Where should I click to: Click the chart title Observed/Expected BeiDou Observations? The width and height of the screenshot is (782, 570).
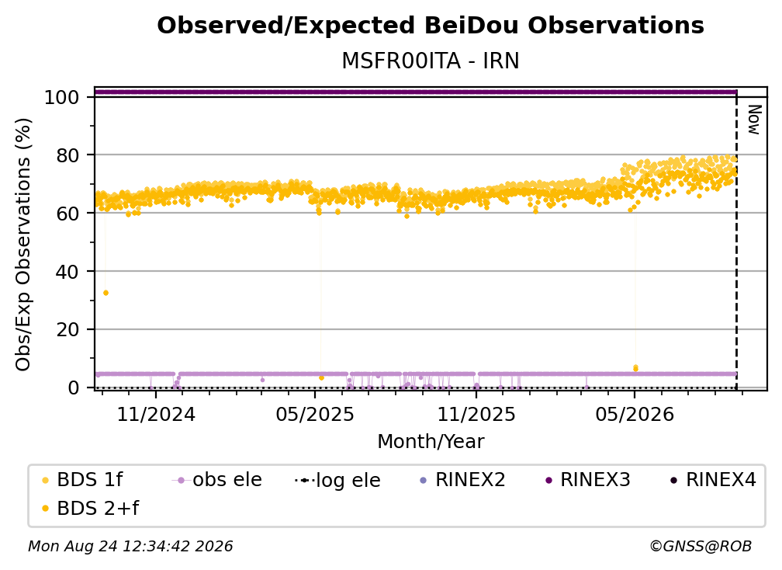[x=431, y=26]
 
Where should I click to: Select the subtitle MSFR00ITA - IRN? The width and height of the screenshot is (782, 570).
[x=431, y=61]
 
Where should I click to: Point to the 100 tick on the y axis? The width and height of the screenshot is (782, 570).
[x=62, y=97]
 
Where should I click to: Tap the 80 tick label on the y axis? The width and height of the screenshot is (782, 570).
[x=67, y=155]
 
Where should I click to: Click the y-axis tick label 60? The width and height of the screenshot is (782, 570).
[x=67, y=214]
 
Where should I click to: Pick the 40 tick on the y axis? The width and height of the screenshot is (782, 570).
[x=67, y=272]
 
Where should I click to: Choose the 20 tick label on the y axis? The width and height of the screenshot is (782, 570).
[x=67, y=330]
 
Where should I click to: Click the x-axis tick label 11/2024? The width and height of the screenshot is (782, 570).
[x=156, y=414]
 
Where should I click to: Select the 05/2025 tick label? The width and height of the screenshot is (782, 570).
[x=315, y=414]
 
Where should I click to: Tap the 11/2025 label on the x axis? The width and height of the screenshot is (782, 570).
[x=476, y=414]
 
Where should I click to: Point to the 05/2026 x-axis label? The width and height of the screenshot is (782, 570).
[x=635, y=414]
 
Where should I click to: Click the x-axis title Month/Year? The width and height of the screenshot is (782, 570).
[x=431, y=442]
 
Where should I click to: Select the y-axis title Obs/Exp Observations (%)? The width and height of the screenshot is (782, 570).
[x=23, y=245]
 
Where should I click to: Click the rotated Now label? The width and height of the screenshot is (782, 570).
[x=754, y=120]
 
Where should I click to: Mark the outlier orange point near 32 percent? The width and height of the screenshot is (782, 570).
[x=106, y=293]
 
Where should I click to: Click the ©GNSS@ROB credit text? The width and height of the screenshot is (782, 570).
[x=701, y=546]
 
